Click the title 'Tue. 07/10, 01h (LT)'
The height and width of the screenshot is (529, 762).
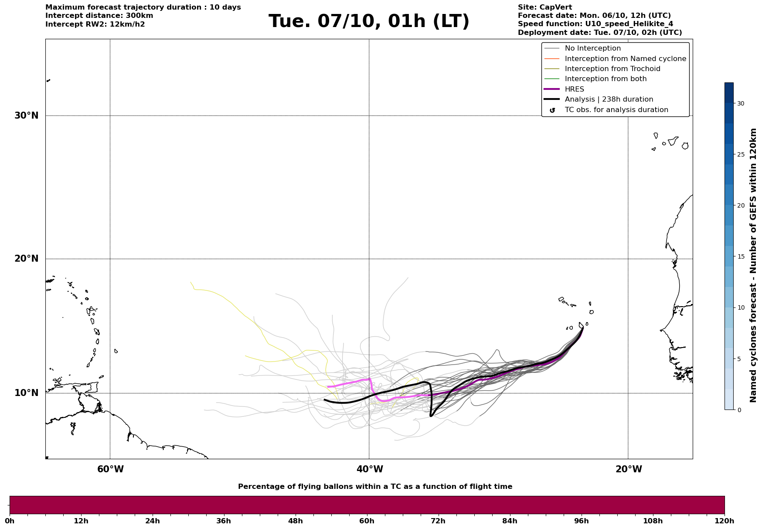pyautogui.click(x=369, y=21)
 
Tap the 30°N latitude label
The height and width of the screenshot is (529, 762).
pyautogui.click(x=27, y=116)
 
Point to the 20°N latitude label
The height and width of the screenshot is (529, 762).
pyautogui.click(x=27, y=259)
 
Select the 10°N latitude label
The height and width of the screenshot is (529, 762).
pyautogui.click(x=27, y=393)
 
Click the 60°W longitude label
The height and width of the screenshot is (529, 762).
pyautogui.click(x=110, y=469)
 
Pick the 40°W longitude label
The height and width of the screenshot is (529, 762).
pyautogui.click(x=370, y=469)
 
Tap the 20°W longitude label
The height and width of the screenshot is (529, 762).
pyautogui.click(x=629, y=469)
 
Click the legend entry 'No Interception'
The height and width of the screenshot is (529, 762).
pyautogui.click(x=592, y=48)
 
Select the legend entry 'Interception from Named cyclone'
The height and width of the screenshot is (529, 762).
pyautogui.click(x=625, y=59)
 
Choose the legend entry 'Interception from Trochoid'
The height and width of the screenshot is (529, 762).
pyautogui.click(x=612, y=69)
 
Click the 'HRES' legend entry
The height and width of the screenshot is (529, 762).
pyautogui.click(x=574, y=89)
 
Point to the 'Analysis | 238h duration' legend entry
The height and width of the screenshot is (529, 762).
pyautogui.click(x=609, y=99)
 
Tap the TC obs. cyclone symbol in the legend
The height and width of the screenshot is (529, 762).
pyautogui.click(x=552, y=110)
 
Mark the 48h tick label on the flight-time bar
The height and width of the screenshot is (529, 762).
pyautogui.click(x=295, y=521)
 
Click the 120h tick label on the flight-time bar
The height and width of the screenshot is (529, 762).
pyautogui.click(x=725, y=521)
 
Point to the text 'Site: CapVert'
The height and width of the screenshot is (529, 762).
pyautogui.click(x=544, y=7)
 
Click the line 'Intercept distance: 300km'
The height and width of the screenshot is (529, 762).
pyautogui.click(x=99, y=16)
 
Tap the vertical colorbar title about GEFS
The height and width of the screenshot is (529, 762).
pyautogui.click(x=753, y=265)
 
